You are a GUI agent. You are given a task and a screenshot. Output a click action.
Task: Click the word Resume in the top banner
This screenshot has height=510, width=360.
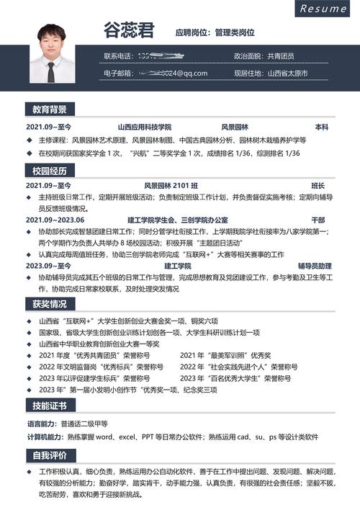click(x=323, y=9)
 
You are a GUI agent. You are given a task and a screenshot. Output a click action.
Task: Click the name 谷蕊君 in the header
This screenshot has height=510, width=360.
click(x=129, y=31)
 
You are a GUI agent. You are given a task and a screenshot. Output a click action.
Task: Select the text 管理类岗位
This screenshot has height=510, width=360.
click(x=235, y=32)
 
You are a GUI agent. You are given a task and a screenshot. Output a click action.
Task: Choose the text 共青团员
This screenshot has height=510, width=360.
click(x=281, y=56)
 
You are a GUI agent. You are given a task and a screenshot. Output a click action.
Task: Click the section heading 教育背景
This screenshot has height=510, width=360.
click(x=50, y=109)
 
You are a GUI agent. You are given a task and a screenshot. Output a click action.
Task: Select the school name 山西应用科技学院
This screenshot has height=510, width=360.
click(x=145, y=127)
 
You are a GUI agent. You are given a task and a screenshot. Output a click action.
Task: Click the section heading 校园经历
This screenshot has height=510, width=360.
click(x=50, y=171)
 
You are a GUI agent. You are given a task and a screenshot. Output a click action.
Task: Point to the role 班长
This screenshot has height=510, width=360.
click(x=318, y=186)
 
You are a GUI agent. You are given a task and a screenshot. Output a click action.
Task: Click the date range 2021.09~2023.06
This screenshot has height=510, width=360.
click(x=55, y=220)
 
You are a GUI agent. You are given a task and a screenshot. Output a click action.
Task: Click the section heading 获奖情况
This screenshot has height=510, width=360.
click(x=50, y=304)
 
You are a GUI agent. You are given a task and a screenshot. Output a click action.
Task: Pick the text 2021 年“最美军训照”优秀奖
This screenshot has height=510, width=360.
click(x=225, y=355)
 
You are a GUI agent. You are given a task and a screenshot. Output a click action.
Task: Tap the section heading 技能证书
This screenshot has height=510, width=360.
click(x=50, y=406)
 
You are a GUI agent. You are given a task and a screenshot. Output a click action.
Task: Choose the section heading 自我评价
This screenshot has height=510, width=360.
click(x=50, y=455)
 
